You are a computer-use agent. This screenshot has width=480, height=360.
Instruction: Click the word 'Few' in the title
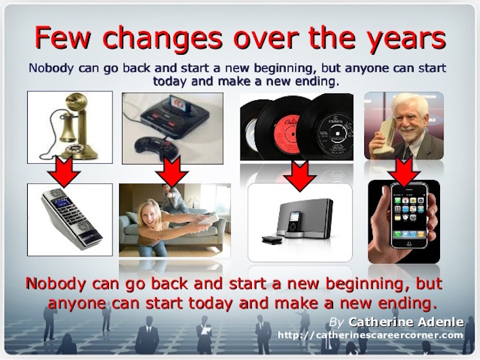pos(63,37)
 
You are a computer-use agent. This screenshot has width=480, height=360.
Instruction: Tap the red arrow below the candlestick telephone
pos(64,171)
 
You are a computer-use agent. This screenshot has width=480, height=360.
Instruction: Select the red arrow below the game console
pos(172,171)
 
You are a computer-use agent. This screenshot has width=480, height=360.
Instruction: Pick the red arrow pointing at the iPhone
pos(405,172)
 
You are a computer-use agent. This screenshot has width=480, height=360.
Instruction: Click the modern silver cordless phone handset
pos(71,219)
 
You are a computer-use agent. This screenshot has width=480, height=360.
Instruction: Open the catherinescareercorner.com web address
pos(370,335)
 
